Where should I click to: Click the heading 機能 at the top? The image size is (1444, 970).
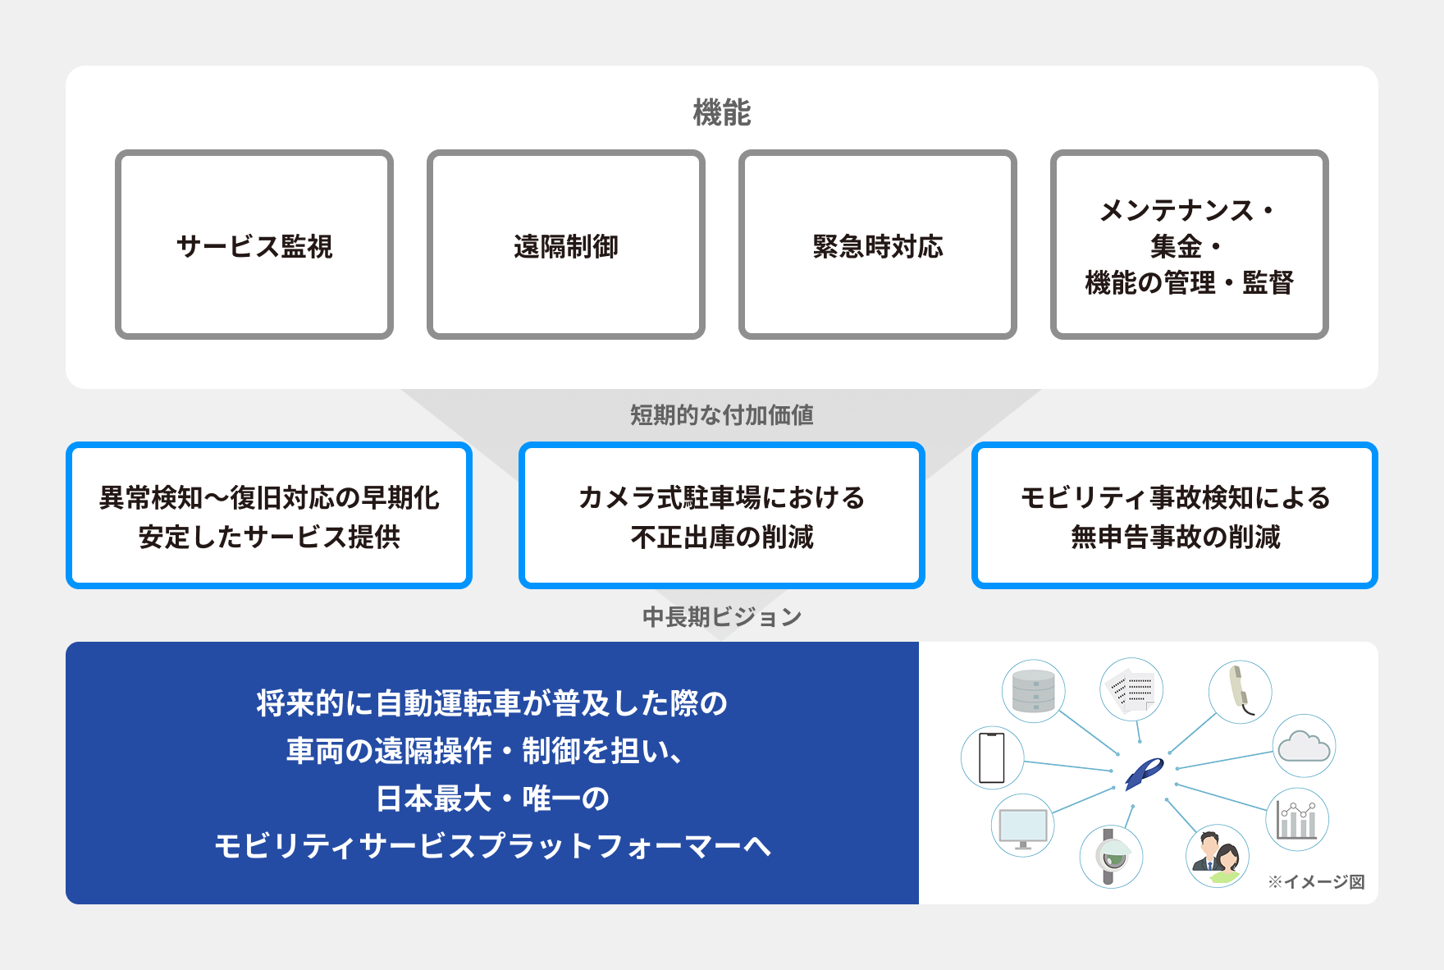click(721, 112)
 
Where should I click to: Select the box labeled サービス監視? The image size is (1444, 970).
click(254, 245)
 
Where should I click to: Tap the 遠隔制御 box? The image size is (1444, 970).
click(566, 245)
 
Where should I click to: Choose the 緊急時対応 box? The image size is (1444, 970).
click(877, 245)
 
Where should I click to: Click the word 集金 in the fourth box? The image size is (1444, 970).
click(1175, 246)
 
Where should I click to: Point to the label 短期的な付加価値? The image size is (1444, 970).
click(721, 415)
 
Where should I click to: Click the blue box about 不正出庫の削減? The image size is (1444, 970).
click(721, 516)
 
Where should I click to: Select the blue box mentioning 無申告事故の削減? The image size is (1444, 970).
click(1174, 516)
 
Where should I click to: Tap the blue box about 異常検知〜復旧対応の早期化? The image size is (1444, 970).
click(269, 516)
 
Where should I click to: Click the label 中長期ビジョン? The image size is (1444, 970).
click(721, 617)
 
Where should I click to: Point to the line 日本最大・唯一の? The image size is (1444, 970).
click(492, 798)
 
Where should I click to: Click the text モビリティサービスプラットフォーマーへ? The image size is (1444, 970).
click(492, 845)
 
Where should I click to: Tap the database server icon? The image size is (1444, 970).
click(1033, 691)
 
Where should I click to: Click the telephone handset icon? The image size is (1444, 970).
click(1240, 692)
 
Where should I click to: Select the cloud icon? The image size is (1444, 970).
click(1304, 747)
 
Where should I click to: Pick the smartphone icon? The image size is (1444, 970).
click(992, 757)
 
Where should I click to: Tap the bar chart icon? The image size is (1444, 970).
click(1297, 819)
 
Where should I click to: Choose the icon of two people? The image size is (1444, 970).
click(1217, 856)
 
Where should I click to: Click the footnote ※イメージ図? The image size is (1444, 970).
click(1316, 881)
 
